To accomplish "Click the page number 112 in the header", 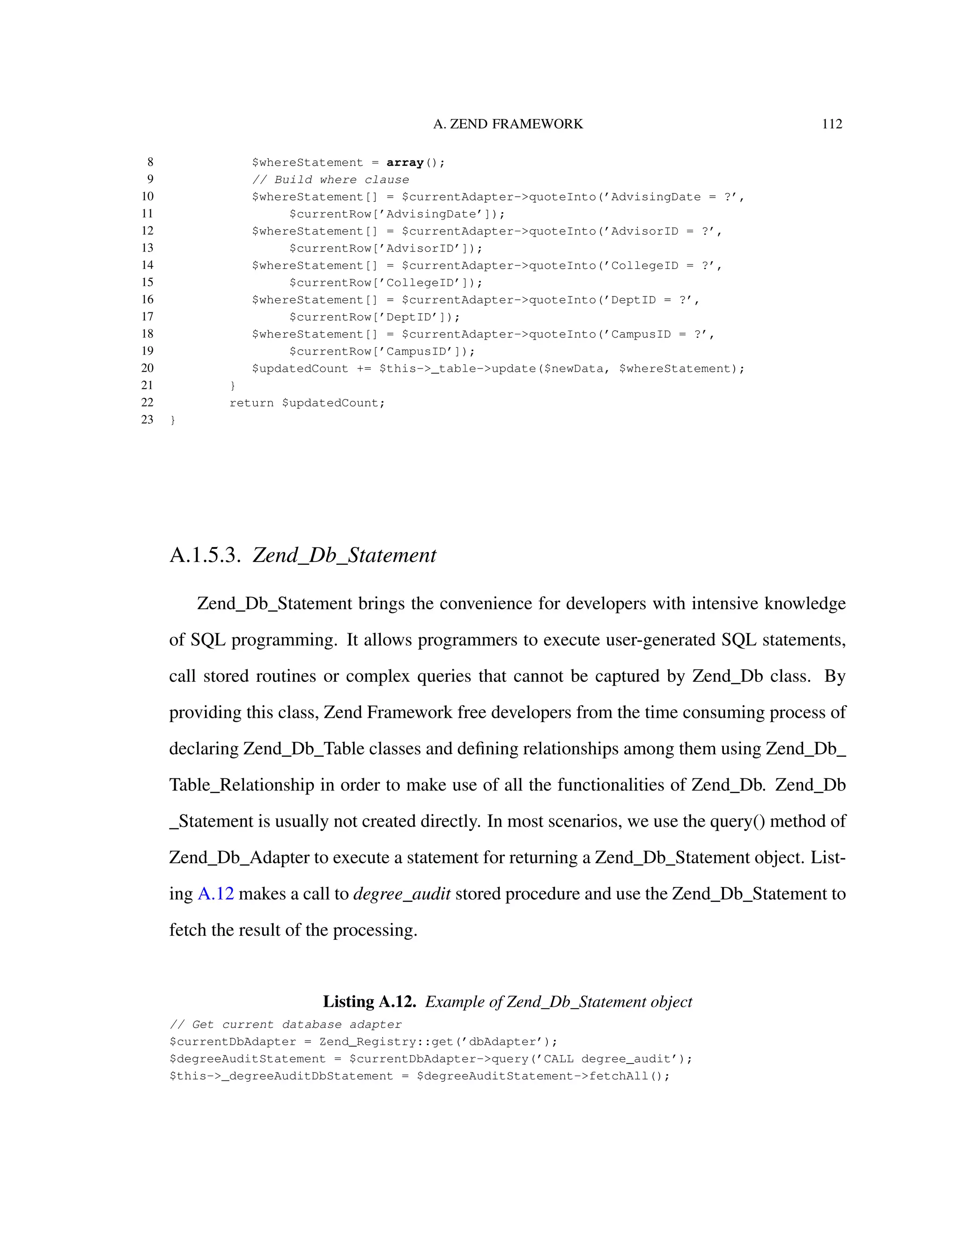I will pos(832,124).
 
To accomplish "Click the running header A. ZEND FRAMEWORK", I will pos(508,124).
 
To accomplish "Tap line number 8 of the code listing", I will pos(150,163).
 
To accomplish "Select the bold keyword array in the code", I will pos(405,163).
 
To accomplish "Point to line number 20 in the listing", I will pos(147,368).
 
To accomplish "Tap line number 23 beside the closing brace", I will pos(147,420).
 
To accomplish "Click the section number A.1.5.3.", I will pos(205,555).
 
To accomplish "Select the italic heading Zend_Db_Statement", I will pos(344,555).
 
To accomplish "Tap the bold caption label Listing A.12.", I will pos(369,1001).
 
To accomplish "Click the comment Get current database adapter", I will pos(286,1025).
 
